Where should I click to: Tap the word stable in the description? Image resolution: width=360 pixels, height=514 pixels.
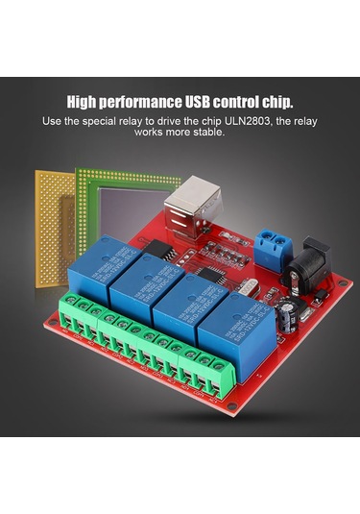coord(207,133)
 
